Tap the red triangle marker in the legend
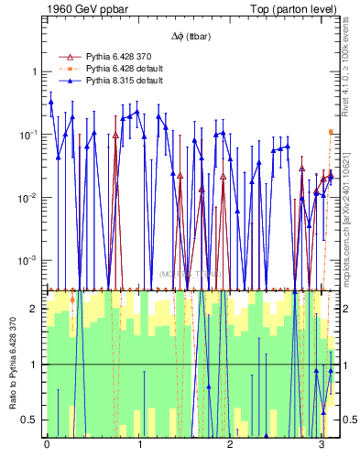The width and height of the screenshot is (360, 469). (71, 57)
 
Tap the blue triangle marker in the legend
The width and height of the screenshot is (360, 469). (71, 81)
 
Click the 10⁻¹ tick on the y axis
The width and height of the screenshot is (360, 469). (30, 135)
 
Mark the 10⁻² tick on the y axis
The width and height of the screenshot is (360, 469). (30, 198)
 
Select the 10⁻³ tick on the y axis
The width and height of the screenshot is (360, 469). (30, 261)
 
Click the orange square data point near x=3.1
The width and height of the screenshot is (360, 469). (331, 132)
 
